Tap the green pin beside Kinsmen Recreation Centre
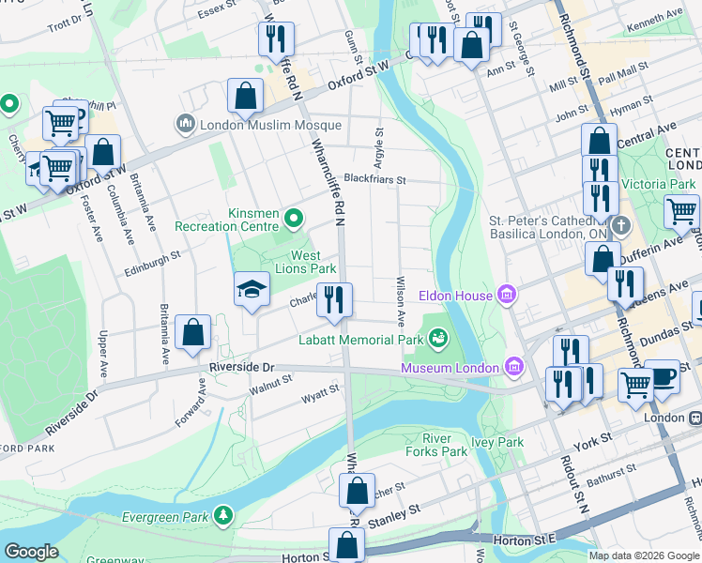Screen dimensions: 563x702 294,220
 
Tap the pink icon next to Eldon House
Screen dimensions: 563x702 508,297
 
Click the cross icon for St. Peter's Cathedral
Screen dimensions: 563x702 620,226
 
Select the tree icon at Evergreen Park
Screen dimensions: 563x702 222,515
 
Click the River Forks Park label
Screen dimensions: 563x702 444,445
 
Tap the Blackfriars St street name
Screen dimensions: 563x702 374,178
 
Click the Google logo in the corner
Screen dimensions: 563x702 31,552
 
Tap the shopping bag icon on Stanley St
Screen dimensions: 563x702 357,491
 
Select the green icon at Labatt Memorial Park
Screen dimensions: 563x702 437,336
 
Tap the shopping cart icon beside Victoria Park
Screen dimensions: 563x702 681,212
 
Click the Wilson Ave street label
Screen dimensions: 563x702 401,299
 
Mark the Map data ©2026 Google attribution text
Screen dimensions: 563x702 643,555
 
